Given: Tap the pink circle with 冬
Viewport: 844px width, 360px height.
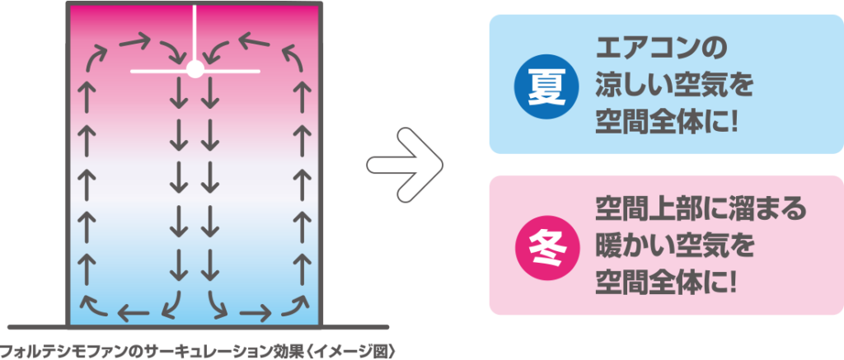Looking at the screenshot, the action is pyautogui.click(x=546, y=248).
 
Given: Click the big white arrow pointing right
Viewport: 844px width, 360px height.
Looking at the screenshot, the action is pyautogui.click(x=405, y=165).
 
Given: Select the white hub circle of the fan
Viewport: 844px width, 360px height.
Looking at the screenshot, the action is pyautogui.click(x=195, y=68).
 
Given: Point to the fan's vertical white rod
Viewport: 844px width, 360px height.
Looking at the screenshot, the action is pyautogui.click(x=195, y=32).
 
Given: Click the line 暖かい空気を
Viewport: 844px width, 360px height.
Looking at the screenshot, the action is pyautogui.click(x=673, y=248).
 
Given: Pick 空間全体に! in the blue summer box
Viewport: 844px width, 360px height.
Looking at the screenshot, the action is pyautogui.click(x=666, y=125).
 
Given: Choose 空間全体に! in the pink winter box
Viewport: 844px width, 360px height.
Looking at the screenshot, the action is pyautogui.click(x=666, y=286).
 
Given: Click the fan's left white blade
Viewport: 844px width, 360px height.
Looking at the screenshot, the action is pyautogui.click(x=159, y=71).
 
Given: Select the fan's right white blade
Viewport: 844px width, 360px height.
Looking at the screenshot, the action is pyautogui.click(x=232, y=71).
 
